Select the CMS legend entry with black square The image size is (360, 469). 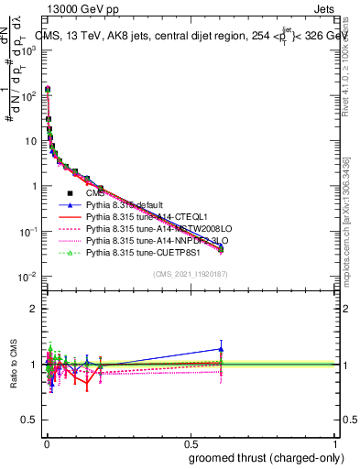(95, 193)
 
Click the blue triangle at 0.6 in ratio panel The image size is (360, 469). (220, 349)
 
